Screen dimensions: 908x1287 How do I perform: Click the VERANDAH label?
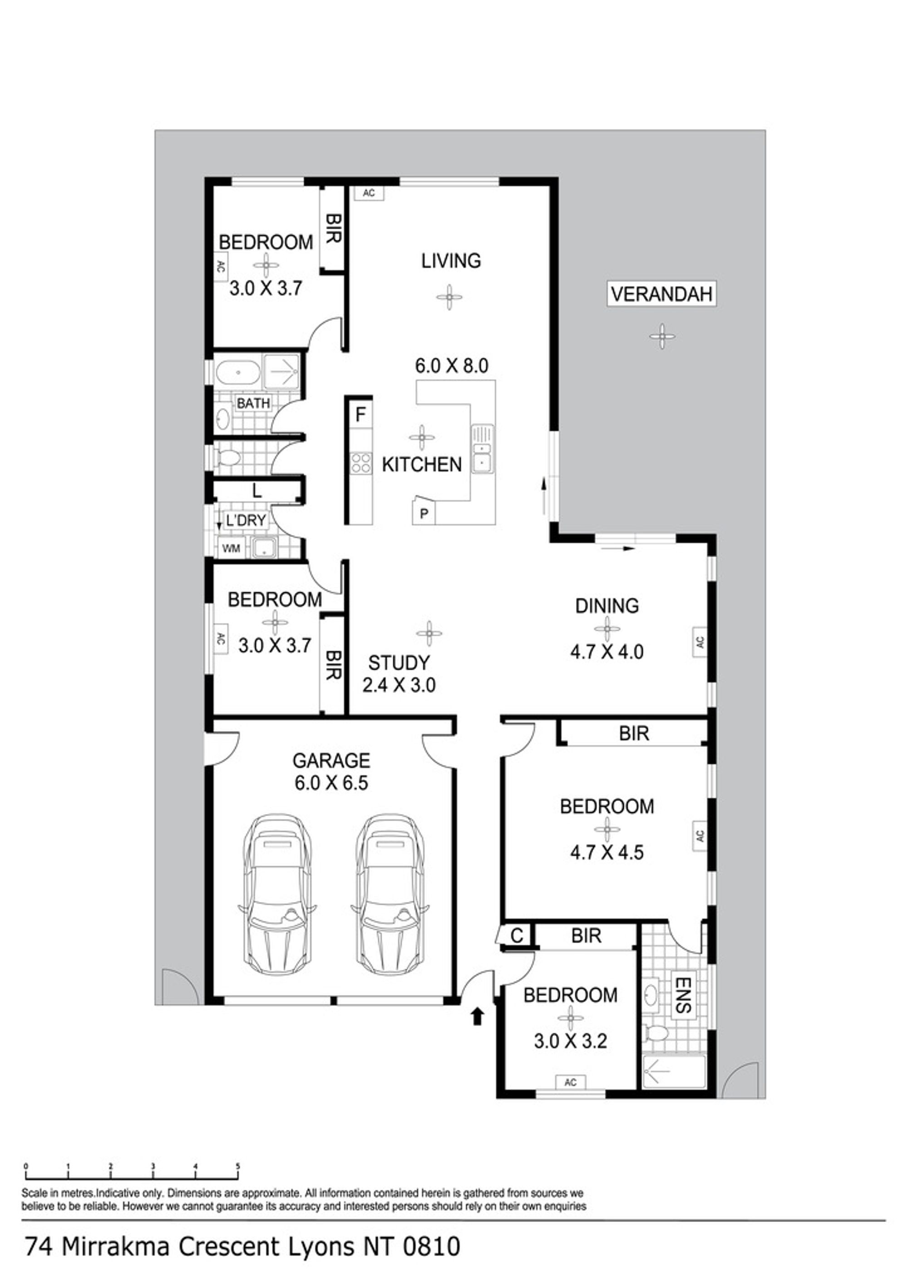pyautogui.click(x=661, y=294)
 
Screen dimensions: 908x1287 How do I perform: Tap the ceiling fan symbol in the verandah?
pyautogui.click(x=662, y=336)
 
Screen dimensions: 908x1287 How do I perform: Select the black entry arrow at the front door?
pyautogui.click(x=477, y=1016)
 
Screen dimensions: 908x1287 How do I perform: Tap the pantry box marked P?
pyautogui.click(x=424, y=512)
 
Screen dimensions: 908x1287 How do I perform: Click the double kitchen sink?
pyautogui.click(x=482, y=449)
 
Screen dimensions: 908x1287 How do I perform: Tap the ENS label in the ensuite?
pyautogui.click(x=682, y=996)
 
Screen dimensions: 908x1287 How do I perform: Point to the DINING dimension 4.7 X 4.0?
pyautogui.click(x=607, y=651)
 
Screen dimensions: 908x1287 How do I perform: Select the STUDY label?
pyautogui.click(x=399, y=663)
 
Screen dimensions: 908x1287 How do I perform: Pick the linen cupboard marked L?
pyautogui.click(x=257, y=491)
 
